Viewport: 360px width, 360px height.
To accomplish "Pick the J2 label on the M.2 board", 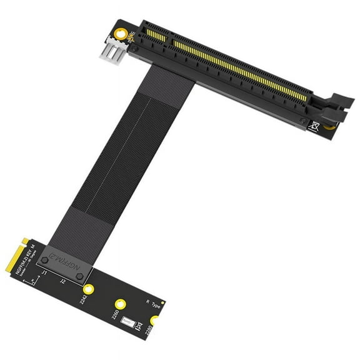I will (x=62, y=282).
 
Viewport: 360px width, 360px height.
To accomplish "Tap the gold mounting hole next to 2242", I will (x=89, y=289).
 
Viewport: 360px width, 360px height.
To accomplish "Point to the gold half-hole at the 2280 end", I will (x=154, y=320).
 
